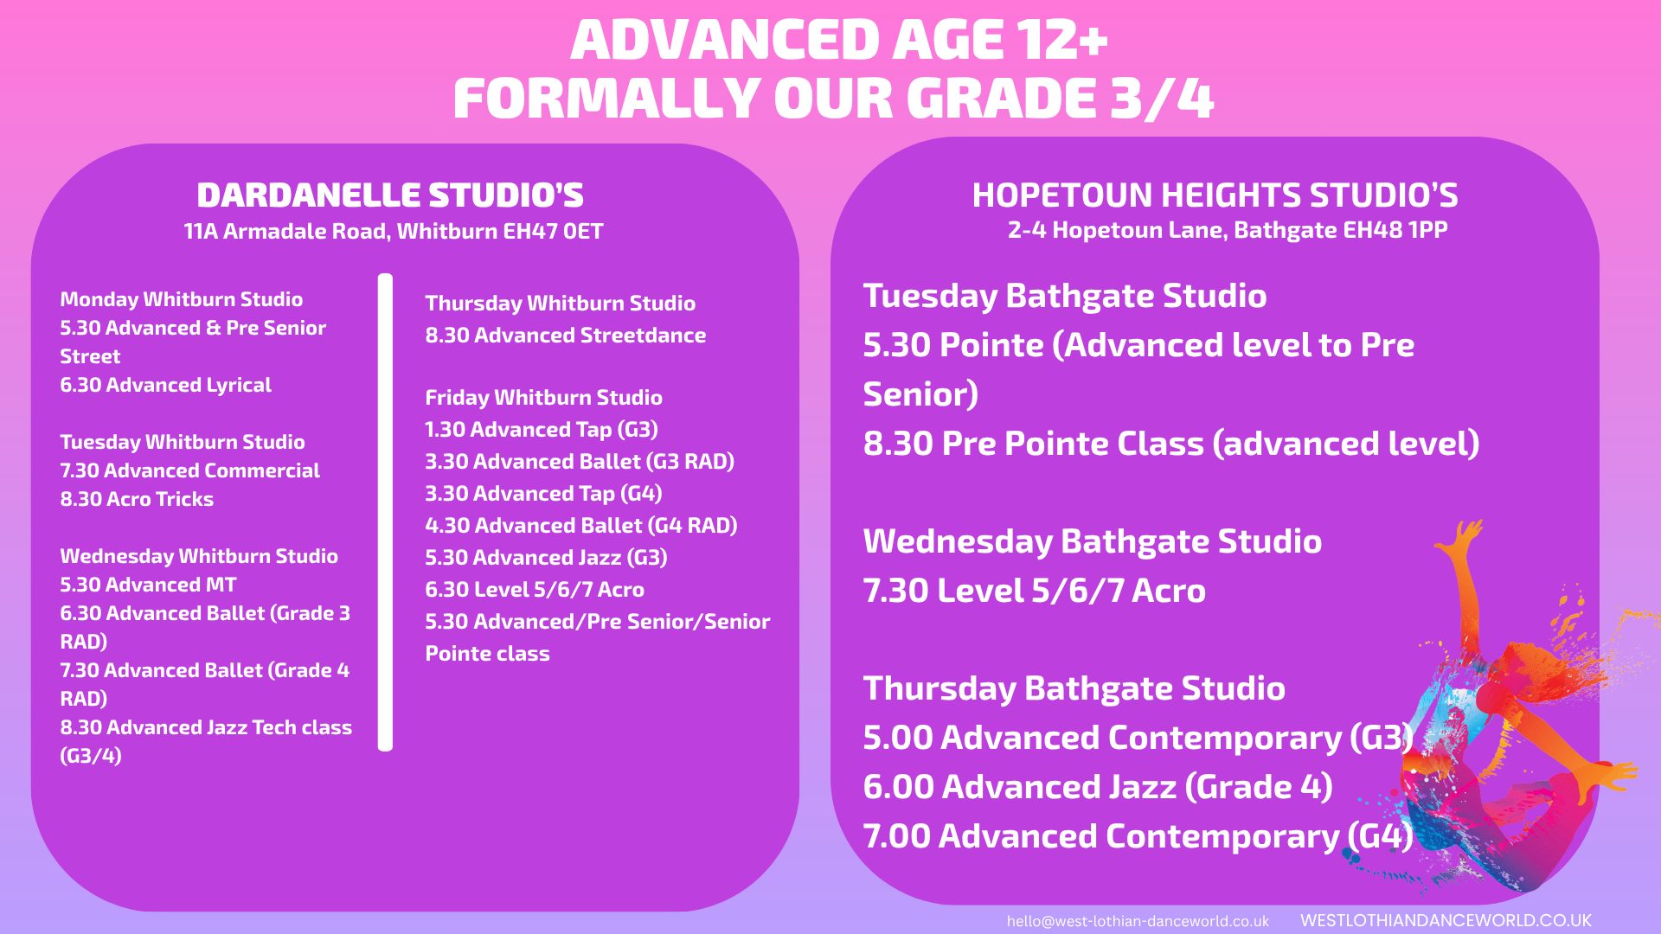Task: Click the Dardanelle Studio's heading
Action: pyautogui.click(x=390, y=195)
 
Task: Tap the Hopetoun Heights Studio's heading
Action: pyautogui.click(x=1215, y=195)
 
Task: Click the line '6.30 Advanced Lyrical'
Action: pyautogui.click(x=165, y=385)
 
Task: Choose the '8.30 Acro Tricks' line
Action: pyautogui.click(x=137, y=499)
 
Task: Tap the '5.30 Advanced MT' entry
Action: pyautogui.click(x=148, y=585)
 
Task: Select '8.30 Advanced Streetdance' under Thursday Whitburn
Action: pyautogui.click(x=566, y=336)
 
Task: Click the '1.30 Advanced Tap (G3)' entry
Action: pyautogui.click(x=542, y=430)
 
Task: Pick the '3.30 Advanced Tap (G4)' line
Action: pyautogui.click(x=543, y=494)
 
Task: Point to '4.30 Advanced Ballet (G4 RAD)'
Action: pyautogui.click(x=581, y=526)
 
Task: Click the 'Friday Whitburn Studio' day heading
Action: pyautogui.click(x=543, y=398)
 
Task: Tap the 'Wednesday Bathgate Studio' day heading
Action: pyautogui.click(x=1093, y=542)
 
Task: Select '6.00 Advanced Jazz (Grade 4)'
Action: pyautogui.click(x=1098, y=788)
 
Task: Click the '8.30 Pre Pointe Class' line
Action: pyautogui.click(x=1171, y=445)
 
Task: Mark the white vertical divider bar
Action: pyautogui.click(x=386, y=512)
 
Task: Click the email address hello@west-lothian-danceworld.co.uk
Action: pyautogui.click(x=1138, y=921)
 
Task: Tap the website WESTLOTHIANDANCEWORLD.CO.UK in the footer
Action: pyautogui.click(x=1446, y=920)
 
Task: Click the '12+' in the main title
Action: pyautogui.click(x=1061, y=41)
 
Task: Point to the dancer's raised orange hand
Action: pyautogui.click(x=1462, y=536)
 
